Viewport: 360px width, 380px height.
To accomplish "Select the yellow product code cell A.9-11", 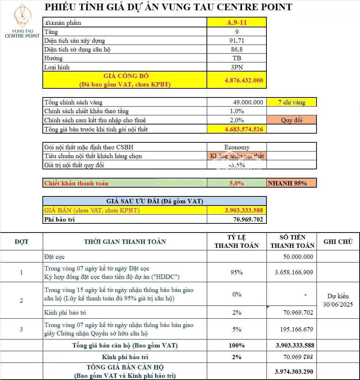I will click(236, 23).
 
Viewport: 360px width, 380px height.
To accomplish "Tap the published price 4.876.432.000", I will click(244, 80).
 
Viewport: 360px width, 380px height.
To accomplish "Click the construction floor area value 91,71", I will click(236, 41).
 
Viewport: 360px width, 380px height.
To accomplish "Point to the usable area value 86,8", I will click(236, 49).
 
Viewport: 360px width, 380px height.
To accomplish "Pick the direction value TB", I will click(236, 58).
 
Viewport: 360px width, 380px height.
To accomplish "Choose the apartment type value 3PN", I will click(236, 67).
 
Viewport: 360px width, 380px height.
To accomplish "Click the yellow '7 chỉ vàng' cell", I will click(292, 103).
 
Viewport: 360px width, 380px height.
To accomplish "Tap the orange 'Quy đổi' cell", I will click(292, 120).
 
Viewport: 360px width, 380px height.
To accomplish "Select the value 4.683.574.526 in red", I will click(244, 129).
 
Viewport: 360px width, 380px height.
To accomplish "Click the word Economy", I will click(237, 147).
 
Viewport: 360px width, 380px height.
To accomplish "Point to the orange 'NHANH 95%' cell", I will click(292, 183).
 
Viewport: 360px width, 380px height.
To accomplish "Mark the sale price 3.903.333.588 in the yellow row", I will click(244, 210).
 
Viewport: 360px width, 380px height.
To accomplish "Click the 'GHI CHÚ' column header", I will click(338, 242).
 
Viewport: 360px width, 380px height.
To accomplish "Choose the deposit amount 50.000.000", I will click(298, 257).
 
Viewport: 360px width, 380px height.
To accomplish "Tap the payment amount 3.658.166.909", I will click(294, 272).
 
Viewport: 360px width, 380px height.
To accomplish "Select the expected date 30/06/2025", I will click(338, 304).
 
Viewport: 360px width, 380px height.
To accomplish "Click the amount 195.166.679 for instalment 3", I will click(296, 329).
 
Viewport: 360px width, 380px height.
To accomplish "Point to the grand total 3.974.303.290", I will click(294, 372).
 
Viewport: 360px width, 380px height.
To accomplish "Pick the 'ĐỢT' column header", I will click(22, 242).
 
